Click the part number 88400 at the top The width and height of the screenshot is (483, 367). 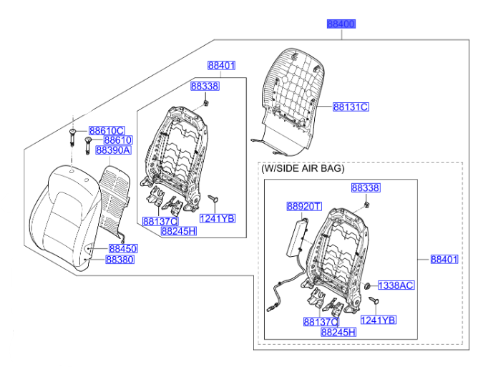pyautogui.click(x=341, y=24)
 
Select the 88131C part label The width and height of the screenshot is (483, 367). pyautogui.click(x=351, y=107)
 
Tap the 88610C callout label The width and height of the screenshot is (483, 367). pyautogui.click(x=107, y=131)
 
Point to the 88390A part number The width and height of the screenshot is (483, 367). pyautogui.click(x=113, y=150)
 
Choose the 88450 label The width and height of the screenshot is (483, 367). pyautogui.click(x=122, y=248)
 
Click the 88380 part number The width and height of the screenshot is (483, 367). pyautogui.click(x=119, y=260)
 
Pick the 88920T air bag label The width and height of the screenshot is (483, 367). pyautogui.click(x=304, y=207)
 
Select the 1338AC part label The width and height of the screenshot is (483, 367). pyautogui.click(x=396, y=285)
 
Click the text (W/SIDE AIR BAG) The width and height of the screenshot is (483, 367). pyautogui.click(x=302, y=169)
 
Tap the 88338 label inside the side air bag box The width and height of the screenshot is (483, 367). pyautogui.click(x=365, y=188)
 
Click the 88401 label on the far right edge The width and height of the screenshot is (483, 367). pyautogui.click(x=444, y=260)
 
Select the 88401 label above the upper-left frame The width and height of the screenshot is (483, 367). pyautogui.click(x=222, y=66)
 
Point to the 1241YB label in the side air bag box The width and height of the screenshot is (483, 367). pyautogui.click(x=379, y=320)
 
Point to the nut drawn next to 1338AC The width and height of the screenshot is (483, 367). pyautogui.click(x=366, y=285)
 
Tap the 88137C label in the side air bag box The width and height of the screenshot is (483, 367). pyautogui.click(x=320, y=322)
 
